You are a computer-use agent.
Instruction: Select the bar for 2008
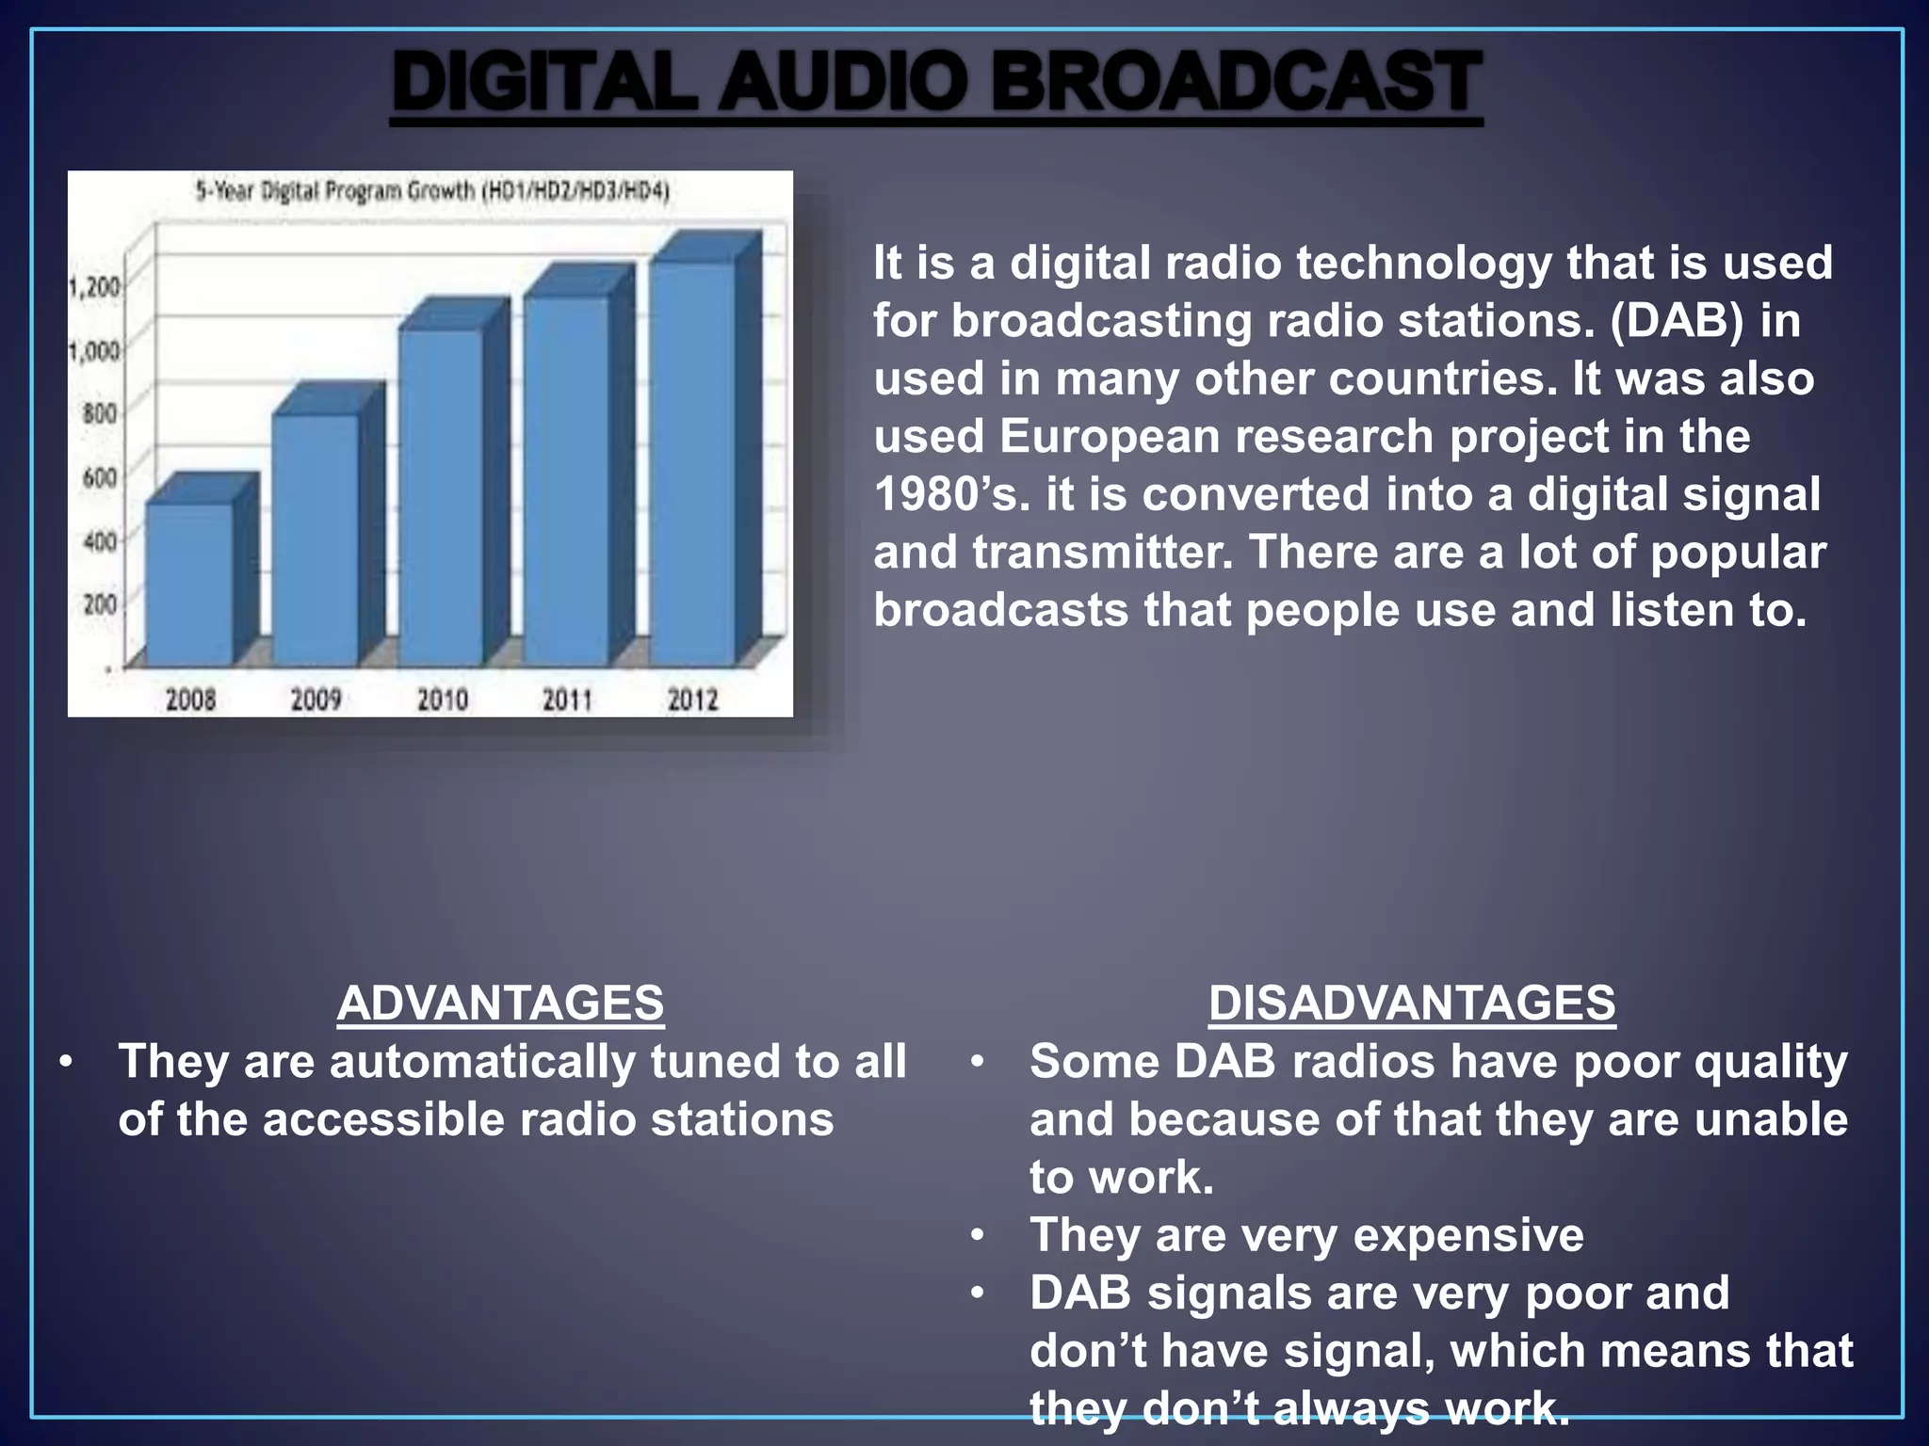[x=190, y=584]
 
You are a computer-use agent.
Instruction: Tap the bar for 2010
[x=441, y=499]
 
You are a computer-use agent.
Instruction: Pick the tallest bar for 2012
[x=693, y=461]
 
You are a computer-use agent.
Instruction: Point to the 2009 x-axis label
[x=316, y=699]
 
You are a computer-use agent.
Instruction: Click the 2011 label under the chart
[x=567, y=699]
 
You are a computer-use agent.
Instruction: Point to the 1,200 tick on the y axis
[x=94, y=286]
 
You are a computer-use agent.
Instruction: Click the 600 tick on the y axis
[x=99, y=477]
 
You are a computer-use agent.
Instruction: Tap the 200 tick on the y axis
[x=99, y=603]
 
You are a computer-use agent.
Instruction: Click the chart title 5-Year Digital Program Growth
[x=432, y=191]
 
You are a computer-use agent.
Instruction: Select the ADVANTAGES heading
[x=500, y=1004]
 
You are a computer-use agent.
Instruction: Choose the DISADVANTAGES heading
[x=1412, y=1004]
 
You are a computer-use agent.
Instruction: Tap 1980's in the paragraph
[x=951, y=495]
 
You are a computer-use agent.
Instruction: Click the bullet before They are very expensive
[x=979, y=1234]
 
